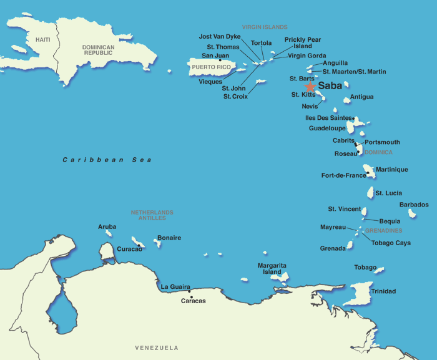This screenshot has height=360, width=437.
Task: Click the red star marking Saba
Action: pyautogui.click(x=310, y=87)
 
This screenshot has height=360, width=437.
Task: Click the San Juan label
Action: pyautogui.click(x=215, y=56)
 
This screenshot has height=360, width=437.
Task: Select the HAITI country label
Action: pyautogui.click(x=42, y=40)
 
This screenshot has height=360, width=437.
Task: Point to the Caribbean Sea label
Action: pyautogui.click(x=107, y=160)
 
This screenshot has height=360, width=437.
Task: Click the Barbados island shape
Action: pyautogui.click(x=412, y=213)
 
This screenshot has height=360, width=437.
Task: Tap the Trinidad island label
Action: pyautogui.click(x=383, y=291)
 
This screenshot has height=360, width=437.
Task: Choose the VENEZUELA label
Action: pyautogui.click(x=157, y=348)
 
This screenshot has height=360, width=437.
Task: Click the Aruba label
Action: pyautogui.click(x=107, y=226)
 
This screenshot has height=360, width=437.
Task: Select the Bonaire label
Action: pyautogui.click(x=169, y=238)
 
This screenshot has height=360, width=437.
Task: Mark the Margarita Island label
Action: pyautogui.click(x=273, y=269)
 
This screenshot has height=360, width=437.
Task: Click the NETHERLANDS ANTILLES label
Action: pyautogui.click(x=152, y=215)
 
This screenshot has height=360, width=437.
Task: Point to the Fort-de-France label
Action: pyautogui.click(x=343, y=175)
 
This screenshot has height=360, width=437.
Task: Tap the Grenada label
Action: pyautogui.click(x=333, y=248)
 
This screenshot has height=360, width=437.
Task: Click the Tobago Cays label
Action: pyautogui.click(x=391, y=243)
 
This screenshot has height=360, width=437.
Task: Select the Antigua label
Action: pyautogui.click(x=362, y=97)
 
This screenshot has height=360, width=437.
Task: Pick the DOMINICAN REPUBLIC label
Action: pyautogui.click(x=98, y=51)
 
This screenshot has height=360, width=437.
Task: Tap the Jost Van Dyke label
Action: pyautogui.click(x=219, y=37)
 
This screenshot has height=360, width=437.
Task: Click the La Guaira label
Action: pyautogui.click(x=175, y=287)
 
